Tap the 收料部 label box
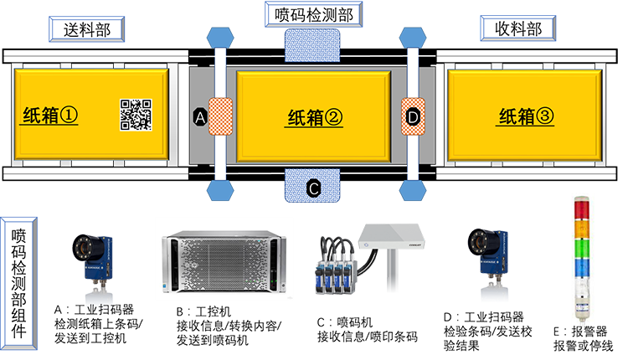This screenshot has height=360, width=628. [x=512, y=29]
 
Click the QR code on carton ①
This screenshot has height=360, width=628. [x=136, y=116]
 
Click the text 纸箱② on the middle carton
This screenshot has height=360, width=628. [x=315, y=119]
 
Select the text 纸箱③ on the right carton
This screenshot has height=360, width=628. [x=526, y=117]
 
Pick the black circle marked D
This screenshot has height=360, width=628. [x=412, y=118]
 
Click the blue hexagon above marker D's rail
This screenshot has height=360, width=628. [x=411, y=39]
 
